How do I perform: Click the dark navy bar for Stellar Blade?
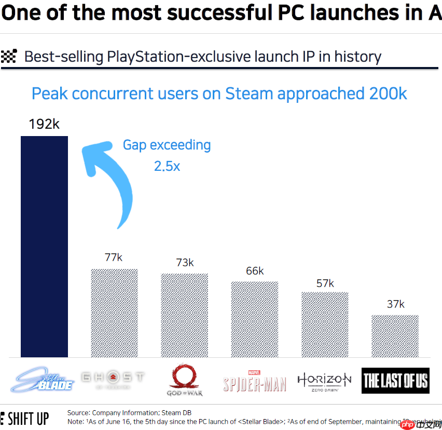(44, 247)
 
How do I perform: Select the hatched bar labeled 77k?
(114, 313)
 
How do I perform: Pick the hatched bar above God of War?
(184, 315)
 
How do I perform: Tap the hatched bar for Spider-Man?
(254, 319)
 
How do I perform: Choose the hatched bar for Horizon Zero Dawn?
(325, 325)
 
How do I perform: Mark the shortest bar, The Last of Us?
(395, 336)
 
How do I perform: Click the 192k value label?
(44, 125)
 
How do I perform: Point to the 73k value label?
(185, 263)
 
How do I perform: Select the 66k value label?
(255, 271)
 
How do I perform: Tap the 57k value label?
(325, 283)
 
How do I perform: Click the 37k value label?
(395, 304)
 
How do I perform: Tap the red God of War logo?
(184, 380)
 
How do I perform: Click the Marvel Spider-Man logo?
(254, 382)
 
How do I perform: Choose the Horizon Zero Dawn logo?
(324, 381)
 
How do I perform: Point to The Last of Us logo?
(395, 381)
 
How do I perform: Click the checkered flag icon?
(9, 56)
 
